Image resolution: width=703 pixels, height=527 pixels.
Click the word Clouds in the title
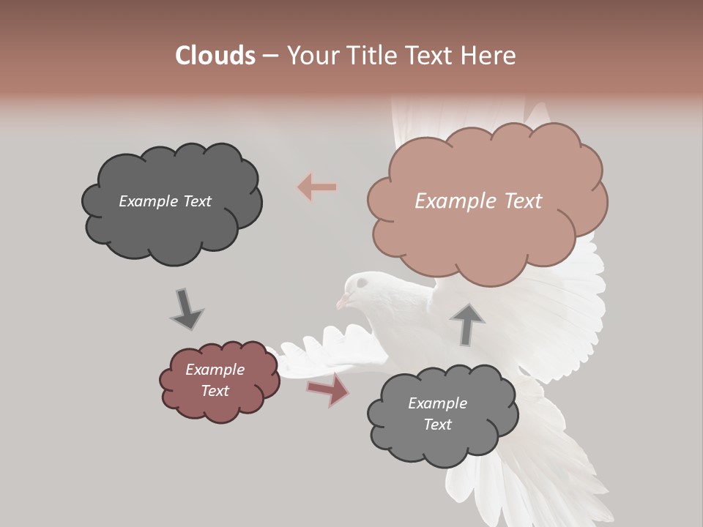pyautogui.click(x=215, y=56)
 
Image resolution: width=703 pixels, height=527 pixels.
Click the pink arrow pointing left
pyautogui.click(x=317, y=187)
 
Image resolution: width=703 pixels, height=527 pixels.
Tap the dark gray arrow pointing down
pyautogui.click(x=186, y=309)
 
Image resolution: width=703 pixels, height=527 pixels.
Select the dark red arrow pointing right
pyautogui.click(x=329, y=389)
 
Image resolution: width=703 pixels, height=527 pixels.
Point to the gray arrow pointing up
pyautogui.click(x=467, y=324)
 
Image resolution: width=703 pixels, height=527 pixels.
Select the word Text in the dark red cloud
pyautogui.click(x=215, y=391)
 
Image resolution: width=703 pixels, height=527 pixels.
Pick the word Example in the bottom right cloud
pyautogui.click(x=437, y=403)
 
